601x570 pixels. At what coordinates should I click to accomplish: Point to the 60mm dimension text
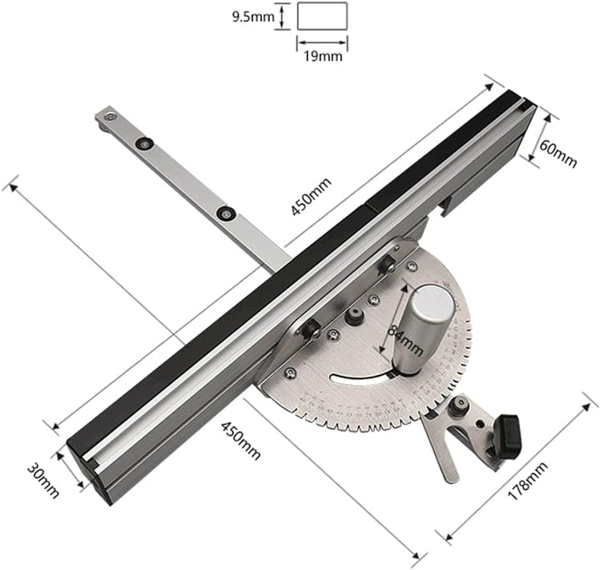558,150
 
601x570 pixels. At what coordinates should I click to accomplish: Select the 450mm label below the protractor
240,440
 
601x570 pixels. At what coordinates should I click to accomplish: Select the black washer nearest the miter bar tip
147,144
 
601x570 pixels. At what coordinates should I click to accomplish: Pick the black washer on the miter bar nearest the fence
224,214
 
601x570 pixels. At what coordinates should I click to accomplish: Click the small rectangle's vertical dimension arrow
285,16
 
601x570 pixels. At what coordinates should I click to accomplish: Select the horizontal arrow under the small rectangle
322,44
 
